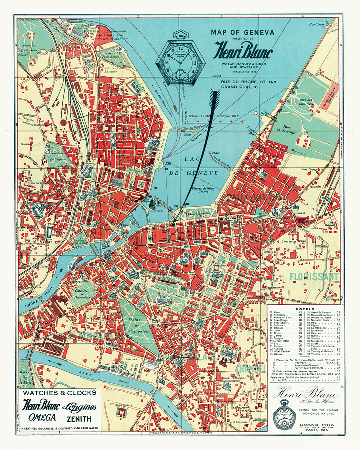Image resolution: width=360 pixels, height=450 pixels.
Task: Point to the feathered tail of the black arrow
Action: pyautogui.click(x=215, y=100)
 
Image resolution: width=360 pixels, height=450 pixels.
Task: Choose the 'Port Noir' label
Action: pyautogui.click(x=317, y=24)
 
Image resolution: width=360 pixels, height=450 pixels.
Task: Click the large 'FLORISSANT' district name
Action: pyautogui.click(x=319, y=276)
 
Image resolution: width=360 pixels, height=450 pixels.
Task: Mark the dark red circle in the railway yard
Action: pyautogui.click(x=63, y=121)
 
